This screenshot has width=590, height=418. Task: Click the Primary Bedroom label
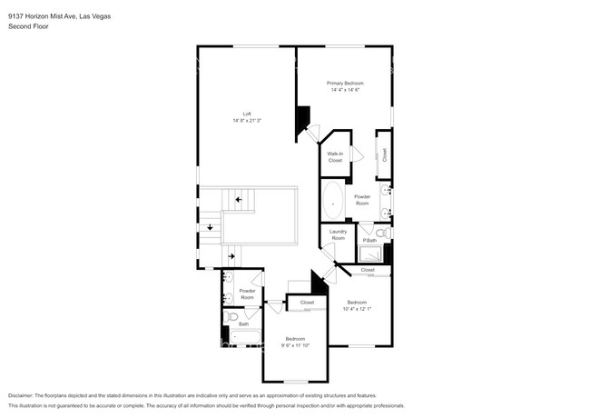tap(345, 84)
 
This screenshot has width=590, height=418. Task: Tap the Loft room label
tap(247, 114)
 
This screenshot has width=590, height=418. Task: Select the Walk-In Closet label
tap(335, 157)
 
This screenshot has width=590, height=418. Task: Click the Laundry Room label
tap(338, 234)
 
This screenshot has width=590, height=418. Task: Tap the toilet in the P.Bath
tap(383, 234)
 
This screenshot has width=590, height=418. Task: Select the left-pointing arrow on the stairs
tap(240, 200)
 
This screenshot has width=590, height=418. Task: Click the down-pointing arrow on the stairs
tap(211, 228)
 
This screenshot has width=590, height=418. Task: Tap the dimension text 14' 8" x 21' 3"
tap(247, 120)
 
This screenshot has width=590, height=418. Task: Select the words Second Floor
tap(27, 26)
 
